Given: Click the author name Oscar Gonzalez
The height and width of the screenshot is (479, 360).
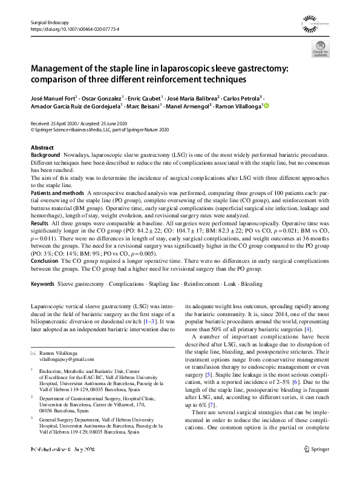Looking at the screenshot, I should click(100, 97).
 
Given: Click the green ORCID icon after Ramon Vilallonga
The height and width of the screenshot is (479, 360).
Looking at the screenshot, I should click(264, 105).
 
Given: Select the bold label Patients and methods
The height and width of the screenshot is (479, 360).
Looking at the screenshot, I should click(58, 192).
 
